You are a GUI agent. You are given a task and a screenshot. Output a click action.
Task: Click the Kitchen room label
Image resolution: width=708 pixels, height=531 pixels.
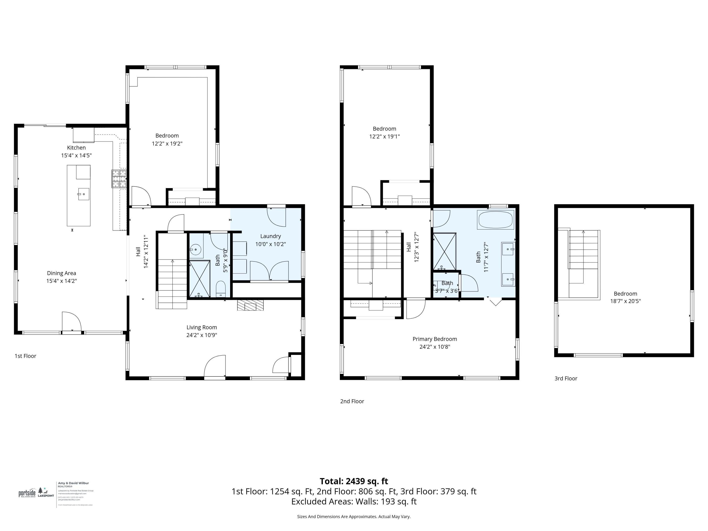pos(76,147)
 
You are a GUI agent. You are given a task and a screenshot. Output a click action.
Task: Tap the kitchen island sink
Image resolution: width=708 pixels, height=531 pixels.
pos(84,194)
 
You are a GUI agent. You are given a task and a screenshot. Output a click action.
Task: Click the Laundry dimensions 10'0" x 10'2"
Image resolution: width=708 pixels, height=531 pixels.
pos(270,244)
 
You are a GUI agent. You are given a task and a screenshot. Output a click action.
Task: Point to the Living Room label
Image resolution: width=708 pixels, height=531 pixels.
pos(202,327)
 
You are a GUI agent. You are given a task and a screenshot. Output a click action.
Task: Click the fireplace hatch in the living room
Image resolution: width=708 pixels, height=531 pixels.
pos(250,305)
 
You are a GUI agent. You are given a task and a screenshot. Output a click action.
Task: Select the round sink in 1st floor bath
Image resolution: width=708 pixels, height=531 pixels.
pos(195,249)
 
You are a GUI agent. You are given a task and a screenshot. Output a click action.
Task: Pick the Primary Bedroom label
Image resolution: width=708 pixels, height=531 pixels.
pos(435,339)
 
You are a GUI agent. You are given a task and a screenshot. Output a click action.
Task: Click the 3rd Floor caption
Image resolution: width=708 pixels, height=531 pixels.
pos(565,378)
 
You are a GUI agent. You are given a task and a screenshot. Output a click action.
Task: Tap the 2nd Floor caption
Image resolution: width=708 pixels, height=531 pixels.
pos(352,401)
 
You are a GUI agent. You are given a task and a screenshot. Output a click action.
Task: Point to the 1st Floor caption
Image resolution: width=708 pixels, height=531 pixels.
pos(25,356)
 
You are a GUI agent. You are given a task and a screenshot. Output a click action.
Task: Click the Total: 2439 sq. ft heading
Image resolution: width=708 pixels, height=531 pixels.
pos(354,481)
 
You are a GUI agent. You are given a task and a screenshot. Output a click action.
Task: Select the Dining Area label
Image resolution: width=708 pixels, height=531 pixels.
pos(61,273)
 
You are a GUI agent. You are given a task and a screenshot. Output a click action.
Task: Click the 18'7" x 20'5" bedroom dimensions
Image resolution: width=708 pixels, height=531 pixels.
pos(625,301)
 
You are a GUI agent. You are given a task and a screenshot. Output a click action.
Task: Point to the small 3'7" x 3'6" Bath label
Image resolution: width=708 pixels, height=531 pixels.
pos(447,283)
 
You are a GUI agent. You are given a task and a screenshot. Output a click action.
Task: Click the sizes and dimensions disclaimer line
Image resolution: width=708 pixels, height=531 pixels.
pos(354,516)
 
